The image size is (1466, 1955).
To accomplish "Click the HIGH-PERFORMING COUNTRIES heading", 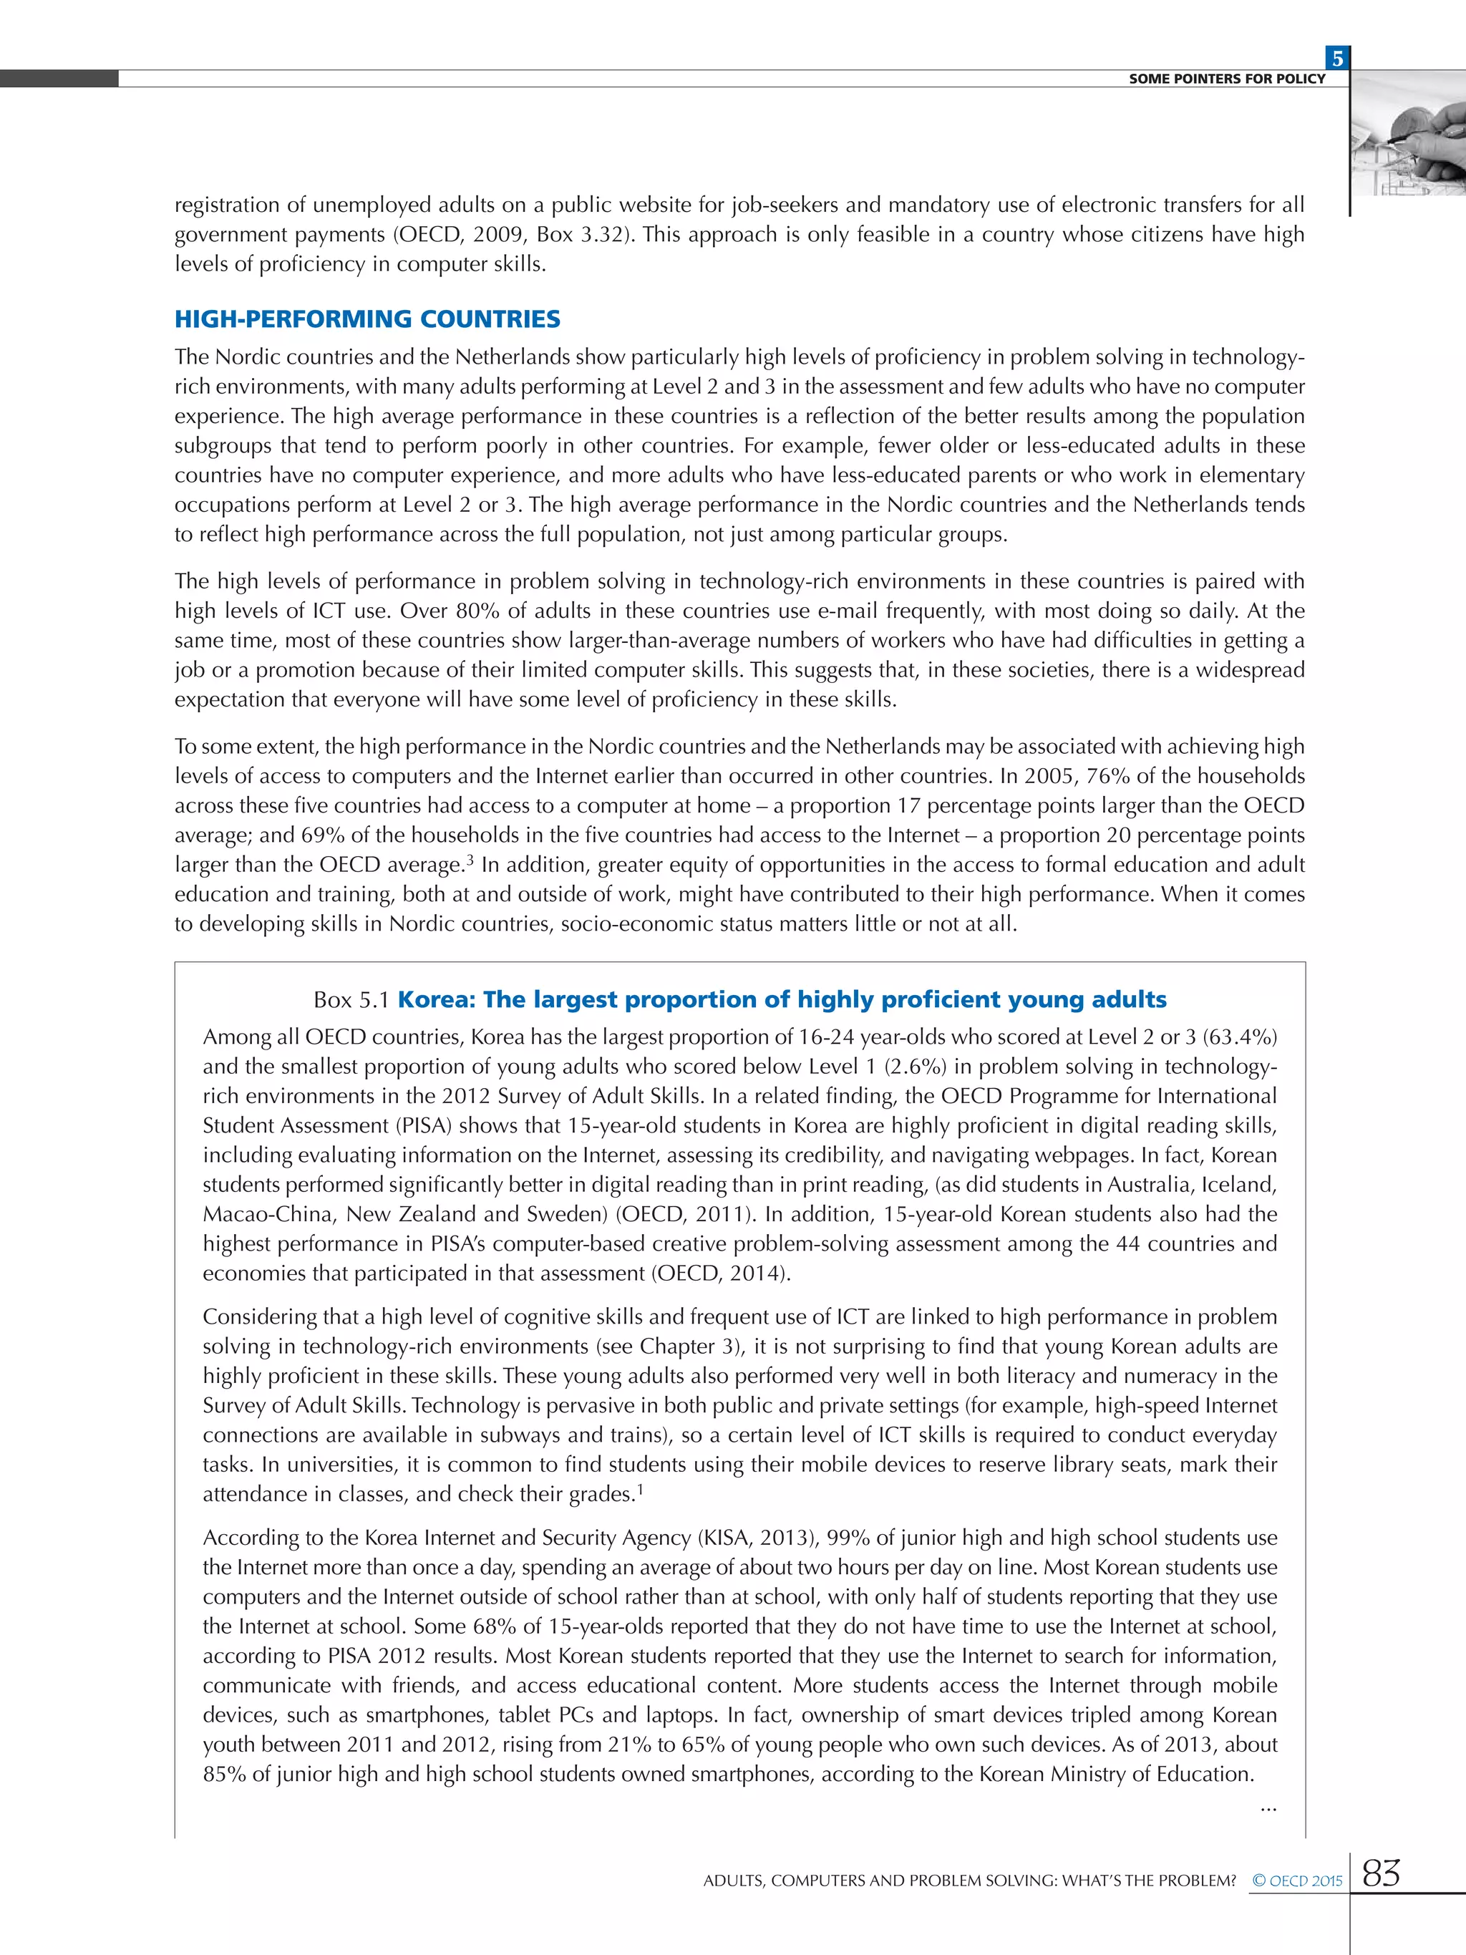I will [366, 319].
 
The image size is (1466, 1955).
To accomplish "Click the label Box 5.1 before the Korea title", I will [351, 999].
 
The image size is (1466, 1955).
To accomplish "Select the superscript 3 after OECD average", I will [471, 860].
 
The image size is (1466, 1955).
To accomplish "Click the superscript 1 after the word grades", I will [640, 1490].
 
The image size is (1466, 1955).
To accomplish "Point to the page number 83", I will [1381, 1873].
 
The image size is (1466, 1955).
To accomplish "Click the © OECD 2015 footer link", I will [1297, 1881].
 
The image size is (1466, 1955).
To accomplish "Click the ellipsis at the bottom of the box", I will [1268, 1808].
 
